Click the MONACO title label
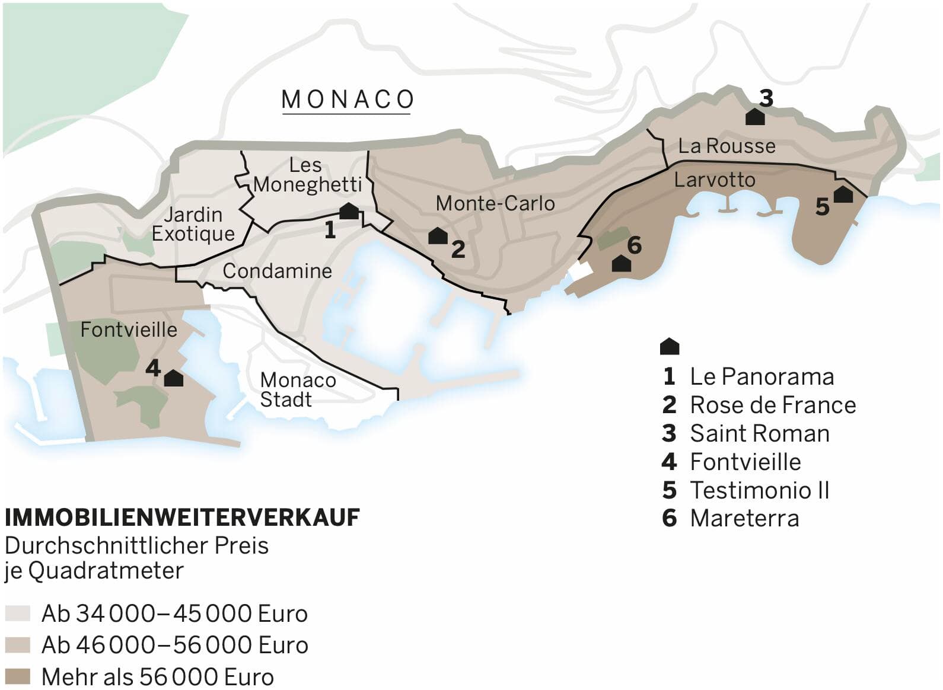(x=348, y=100)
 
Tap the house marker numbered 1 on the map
(x=349, y=211)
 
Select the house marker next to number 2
(x=438, y=236)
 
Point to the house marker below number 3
(x=754, y=117)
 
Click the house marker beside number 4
(x=173, y=378)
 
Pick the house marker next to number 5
(x=843, y=194)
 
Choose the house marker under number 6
(x=621, y=263)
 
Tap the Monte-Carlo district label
(x=495, y=203)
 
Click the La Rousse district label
(x=727, y=146)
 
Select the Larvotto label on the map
(x=715, y=180)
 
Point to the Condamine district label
(x=277, y=271)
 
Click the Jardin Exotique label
(x=193, y=224)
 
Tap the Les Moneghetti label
(x=307, y=175)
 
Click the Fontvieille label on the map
(x=129, y=330)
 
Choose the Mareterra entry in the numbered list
(x=744, y=518)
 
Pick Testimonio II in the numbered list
(x=759, y=490)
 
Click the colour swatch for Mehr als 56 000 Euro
(x=17, y=676)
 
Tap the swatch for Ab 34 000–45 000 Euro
(x=17, y=613)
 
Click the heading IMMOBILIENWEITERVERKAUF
(x=182, y=517)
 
